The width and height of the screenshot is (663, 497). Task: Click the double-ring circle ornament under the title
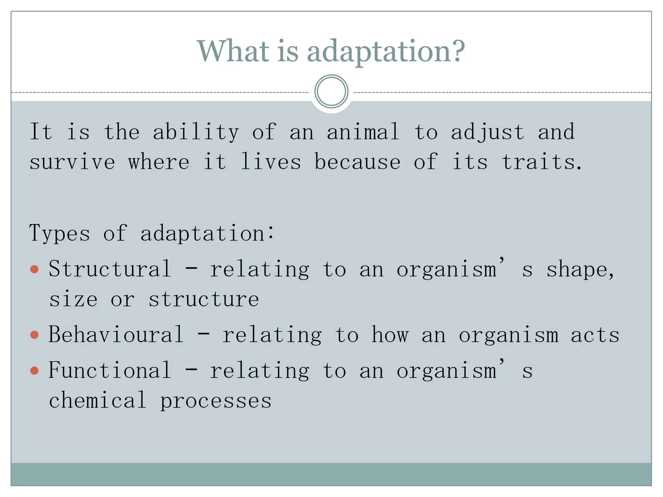pyautogui.click(x=331, y=92)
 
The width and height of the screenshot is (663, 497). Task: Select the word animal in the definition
pyautogui.click(x=363, y=132)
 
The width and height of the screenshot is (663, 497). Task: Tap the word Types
pyautogui.click(x=60, y=233)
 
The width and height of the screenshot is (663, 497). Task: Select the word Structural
pyautogui.click(x=110, y=269)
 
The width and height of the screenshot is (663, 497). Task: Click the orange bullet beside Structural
pyautogui.click(x=34, y=269)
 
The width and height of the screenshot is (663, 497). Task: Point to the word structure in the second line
pyautogui.click(x=204, y=299)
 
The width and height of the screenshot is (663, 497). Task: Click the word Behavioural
pyautogui.click(x=116, y=335)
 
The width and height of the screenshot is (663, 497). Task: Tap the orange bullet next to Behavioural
pyautogui.click(x=34, y=335)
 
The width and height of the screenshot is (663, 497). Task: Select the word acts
pyautogui.click(x=595, y=335)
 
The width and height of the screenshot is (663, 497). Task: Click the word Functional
pyautogui.click(x=110, y=370)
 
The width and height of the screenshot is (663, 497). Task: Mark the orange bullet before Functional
pyautogui.click(x=34, y=370)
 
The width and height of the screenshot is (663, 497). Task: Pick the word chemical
pyautogui.click(x=97, y=400)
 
